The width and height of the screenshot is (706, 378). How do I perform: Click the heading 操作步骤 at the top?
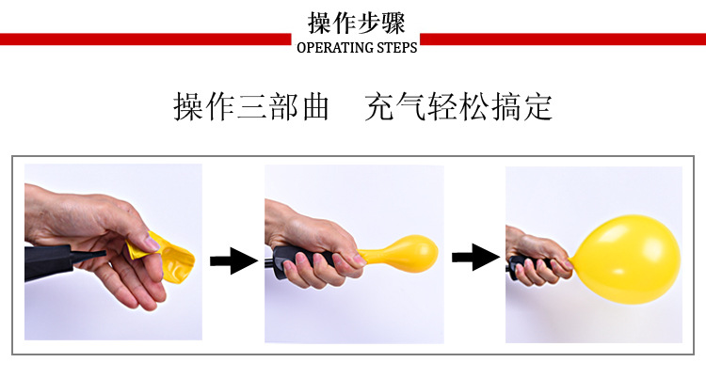coord(356,23)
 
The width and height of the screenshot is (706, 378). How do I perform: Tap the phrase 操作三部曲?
coord(251,107)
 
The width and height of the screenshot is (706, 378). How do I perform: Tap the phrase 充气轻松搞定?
coord(457,107)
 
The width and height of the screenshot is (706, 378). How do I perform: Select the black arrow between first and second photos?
coord(233,260)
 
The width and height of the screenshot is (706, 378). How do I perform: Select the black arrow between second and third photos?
coord(474,256)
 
